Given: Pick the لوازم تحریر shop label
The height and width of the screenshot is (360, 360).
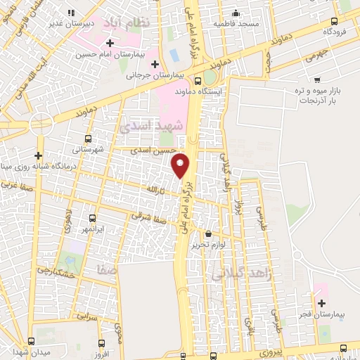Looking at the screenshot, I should tap(208, 245).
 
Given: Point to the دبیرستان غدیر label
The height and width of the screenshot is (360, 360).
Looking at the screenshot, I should tap(71, 23).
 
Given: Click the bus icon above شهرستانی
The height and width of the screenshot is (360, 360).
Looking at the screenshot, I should tap(88, 139).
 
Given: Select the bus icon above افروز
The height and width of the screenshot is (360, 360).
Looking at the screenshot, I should tap(102, 344).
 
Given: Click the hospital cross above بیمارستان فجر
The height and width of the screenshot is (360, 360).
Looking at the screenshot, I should tap(321, 304).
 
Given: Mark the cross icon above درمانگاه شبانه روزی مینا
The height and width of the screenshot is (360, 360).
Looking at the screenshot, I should tap(38, 155).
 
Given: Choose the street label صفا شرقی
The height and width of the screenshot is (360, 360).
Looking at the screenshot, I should tap(151, 219).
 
